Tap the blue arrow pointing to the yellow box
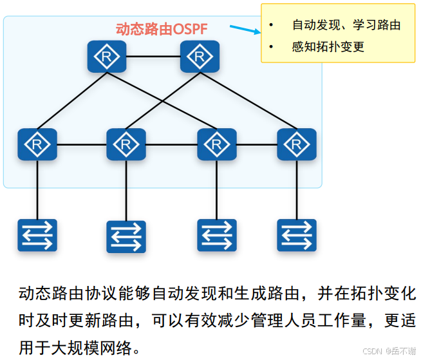pos(243,30)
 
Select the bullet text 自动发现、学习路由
pos(346,25)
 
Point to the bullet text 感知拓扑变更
pos(328,47)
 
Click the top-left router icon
pos(107,57)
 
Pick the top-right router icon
pos(200,57)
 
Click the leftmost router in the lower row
pos(37,144)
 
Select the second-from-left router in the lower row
pos(126,144)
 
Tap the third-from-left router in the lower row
pos(217,144)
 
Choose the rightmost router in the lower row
pos(297,144)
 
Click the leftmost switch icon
pos(37,235)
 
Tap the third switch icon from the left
pos(217,235)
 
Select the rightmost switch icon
pos(297,235)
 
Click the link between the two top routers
pos(153,57)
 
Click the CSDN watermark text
pos(388,351)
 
